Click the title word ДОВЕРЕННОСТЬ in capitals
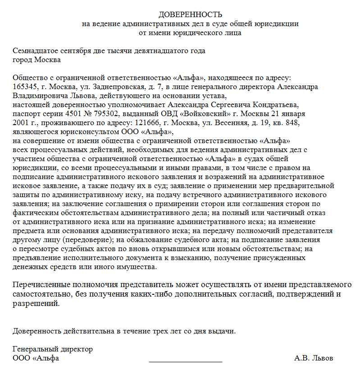pos(190,15)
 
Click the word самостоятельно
pos(39,294)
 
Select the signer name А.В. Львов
pos(314,358)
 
